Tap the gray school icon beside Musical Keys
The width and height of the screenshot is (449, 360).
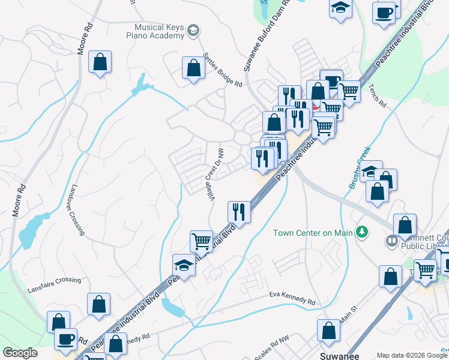tap(193, 31)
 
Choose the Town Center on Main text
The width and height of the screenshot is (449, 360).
tap(311, 233)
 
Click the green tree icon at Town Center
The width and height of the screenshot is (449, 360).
tap(361, 232)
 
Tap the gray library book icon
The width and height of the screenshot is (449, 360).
tap(391, 241)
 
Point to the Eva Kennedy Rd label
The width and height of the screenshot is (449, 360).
tap(292, 299)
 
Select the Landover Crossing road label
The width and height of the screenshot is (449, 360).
tap(78, 209)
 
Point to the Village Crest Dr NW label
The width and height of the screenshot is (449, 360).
tap(215, 175)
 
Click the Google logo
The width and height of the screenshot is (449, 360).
tap(20, 353)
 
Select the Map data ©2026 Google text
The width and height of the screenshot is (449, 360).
tap(411, 355)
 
